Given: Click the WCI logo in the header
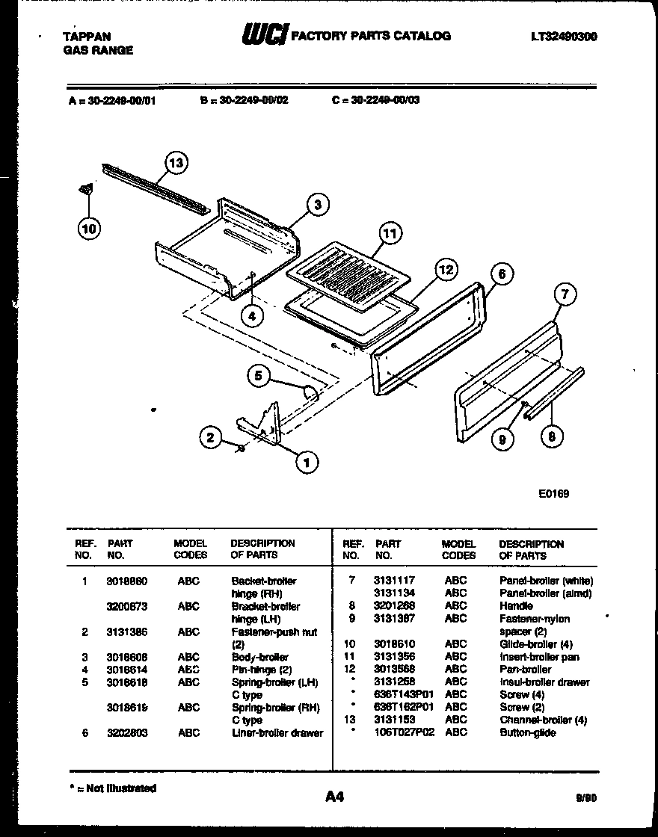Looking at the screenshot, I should point(263,35).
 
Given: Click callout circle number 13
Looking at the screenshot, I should point(175,162).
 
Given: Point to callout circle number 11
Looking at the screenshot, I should point(389,234).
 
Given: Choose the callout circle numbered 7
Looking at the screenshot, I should point(565,296).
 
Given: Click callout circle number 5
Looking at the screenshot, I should point(259,377).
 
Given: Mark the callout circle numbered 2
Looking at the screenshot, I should point(211,437).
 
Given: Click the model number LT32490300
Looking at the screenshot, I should point(564,36).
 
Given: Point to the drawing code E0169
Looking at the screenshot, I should point(553,493).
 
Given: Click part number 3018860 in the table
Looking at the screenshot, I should point(127,581).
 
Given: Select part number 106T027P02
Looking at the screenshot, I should point(404,732).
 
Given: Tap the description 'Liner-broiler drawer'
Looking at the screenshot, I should point(277,732).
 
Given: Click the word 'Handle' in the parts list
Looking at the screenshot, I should point(516,606).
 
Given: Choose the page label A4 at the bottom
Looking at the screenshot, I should point(334,797).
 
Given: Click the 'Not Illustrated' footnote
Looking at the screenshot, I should point(112,788).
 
